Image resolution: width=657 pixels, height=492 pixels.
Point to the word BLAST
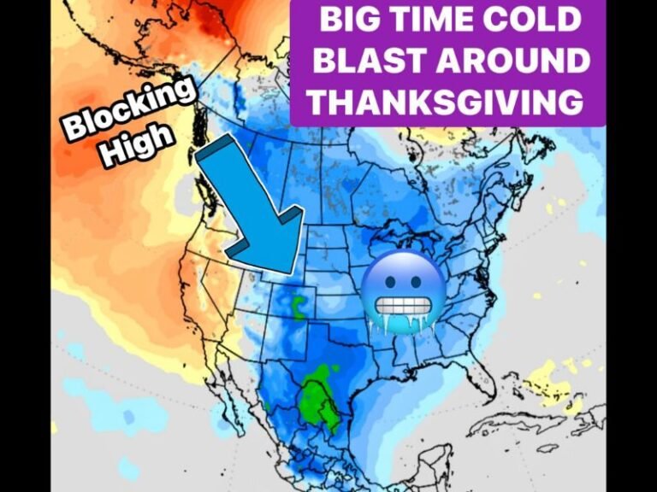click(x=370, y=61)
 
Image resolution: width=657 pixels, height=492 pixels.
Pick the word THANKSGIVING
click(x=446, y=102)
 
